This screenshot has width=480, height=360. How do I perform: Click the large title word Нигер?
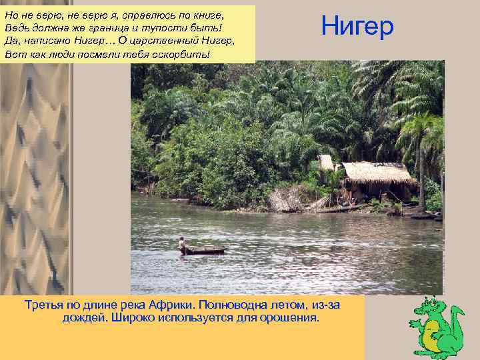pyautogui.click(x=357, y=26)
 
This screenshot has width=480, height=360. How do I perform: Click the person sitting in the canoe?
pyautogui.click(x=181, y=244)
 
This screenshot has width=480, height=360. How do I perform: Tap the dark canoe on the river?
pyautogui.click(x=203, y=251)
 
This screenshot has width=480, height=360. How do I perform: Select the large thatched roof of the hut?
pyautogui.click(x=377, y=173)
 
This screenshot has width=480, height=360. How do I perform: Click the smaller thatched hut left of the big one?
pyautogui.click(x=326, y=162)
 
